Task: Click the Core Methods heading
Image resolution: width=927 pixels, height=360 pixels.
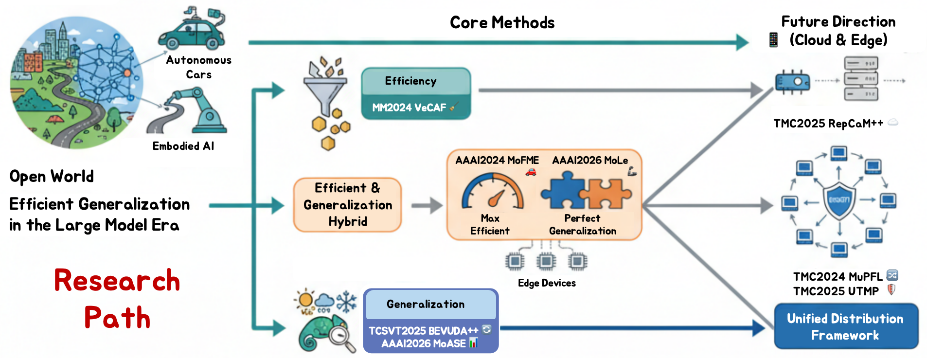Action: point(501,22)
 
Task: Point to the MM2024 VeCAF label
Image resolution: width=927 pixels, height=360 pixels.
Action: point(409,108)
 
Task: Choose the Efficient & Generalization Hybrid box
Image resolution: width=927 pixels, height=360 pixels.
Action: point(347,205)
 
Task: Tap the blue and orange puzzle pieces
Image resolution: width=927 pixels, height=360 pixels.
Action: point(586,192)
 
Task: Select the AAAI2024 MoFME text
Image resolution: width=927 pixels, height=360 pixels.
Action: point(497,160)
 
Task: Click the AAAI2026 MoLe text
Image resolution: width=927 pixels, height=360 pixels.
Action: point(589,160)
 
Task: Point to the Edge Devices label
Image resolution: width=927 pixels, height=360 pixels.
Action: point(546,283)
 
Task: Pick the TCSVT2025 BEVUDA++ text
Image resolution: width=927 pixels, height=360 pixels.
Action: point(423,331)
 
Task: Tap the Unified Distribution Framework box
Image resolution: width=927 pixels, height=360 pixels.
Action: point(845,326)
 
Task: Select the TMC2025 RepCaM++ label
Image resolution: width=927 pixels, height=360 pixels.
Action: point(828,124)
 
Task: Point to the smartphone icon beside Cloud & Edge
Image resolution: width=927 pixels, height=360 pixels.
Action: point(773,40)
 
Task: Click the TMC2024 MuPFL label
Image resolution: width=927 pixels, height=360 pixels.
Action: point(838,276)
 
